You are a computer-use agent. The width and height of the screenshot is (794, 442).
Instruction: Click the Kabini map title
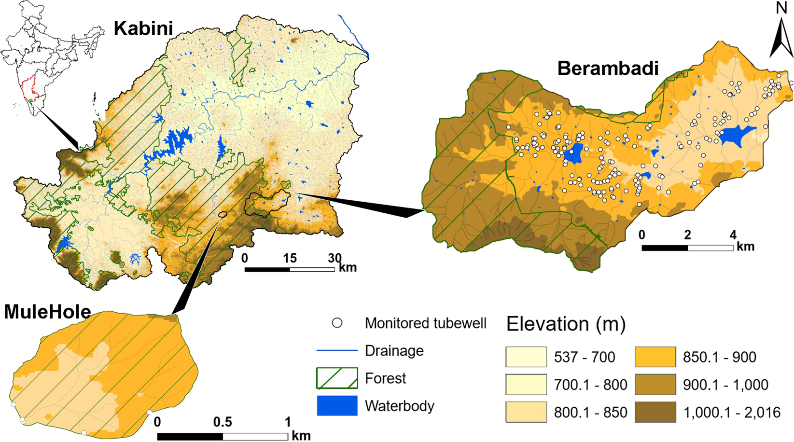coord(143,28)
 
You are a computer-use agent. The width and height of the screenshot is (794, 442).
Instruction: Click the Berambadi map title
coord(608,69)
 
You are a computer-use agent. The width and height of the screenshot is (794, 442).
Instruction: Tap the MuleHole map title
coord(47,312)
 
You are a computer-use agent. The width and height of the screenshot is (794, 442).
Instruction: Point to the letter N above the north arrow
coord(781,8)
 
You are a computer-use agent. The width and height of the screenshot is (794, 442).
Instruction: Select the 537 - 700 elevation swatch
coord(526,357)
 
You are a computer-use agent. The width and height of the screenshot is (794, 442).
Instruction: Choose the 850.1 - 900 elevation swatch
coord(655,357)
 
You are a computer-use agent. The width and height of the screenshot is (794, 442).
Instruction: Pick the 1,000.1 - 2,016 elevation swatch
coord(655,412)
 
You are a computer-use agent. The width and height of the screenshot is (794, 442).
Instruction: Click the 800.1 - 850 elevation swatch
coord(526,412)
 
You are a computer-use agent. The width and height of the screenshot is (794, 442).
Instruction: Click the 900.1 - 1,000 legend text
coord(725,385)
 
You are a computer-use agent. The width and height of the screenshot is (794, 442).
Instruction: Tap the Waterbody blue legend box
coord(337,405)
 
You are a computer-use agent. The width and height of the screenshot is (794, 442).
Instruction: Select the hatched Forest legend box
coord(337,378)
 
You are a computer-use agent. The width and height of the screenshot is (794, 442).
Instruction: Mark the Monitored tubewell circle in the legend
coord(337,323)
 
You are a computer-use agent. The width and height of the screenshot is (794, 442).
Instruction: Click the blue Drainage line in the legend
coord(337,351)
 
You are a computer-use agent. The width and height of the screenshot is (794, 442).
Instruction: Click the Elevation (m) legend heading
coord(566,324)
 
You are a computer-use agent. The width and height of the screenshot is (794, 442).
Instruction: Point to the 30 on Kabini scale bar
coord(334,258)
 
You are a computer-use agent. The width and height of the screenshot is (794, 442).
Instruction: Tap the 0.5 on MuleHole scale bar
coord(223,422)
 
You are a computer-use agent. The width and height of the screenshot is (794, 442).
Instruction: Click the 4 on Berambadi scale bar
coord(733,235)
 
